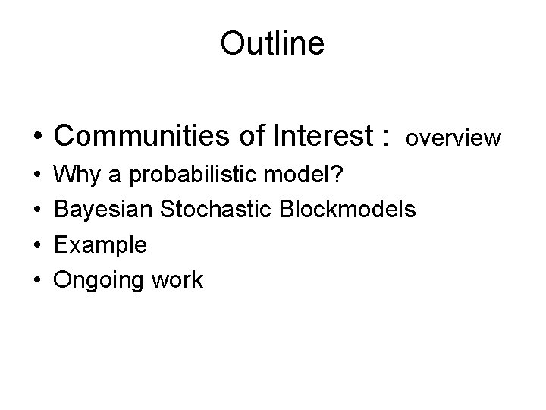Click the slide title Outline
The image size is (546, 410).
pos(272,43)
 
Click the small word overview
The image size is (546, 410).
pos(453,138)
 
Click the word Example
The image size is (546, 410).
pos(102,244)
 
